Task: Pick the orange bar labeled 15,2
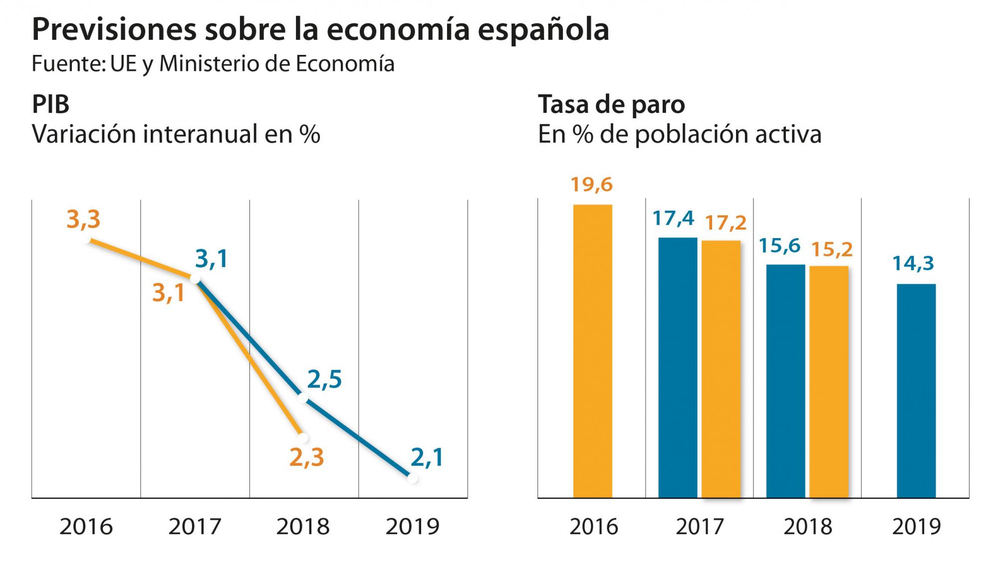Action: (829, 382)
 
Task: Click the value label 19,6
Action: (591, 185)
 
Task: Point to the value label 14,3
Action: (913, 263)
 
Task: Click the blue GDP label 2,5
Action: (324, 380)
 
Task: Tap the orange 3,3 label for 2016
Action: (83, 220)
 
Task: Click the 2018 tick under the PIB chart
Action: (303, 527)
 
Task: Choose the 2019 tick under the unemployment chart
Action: (916, 527)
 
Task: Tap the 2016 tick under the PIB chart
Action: (86, 527)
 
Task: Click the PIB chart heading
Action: (50, 105)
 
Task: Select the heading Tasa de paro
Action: (611, 105)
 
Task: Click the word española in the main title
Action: (543, 30)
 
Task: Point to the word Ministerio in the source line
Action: (210, 64)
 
